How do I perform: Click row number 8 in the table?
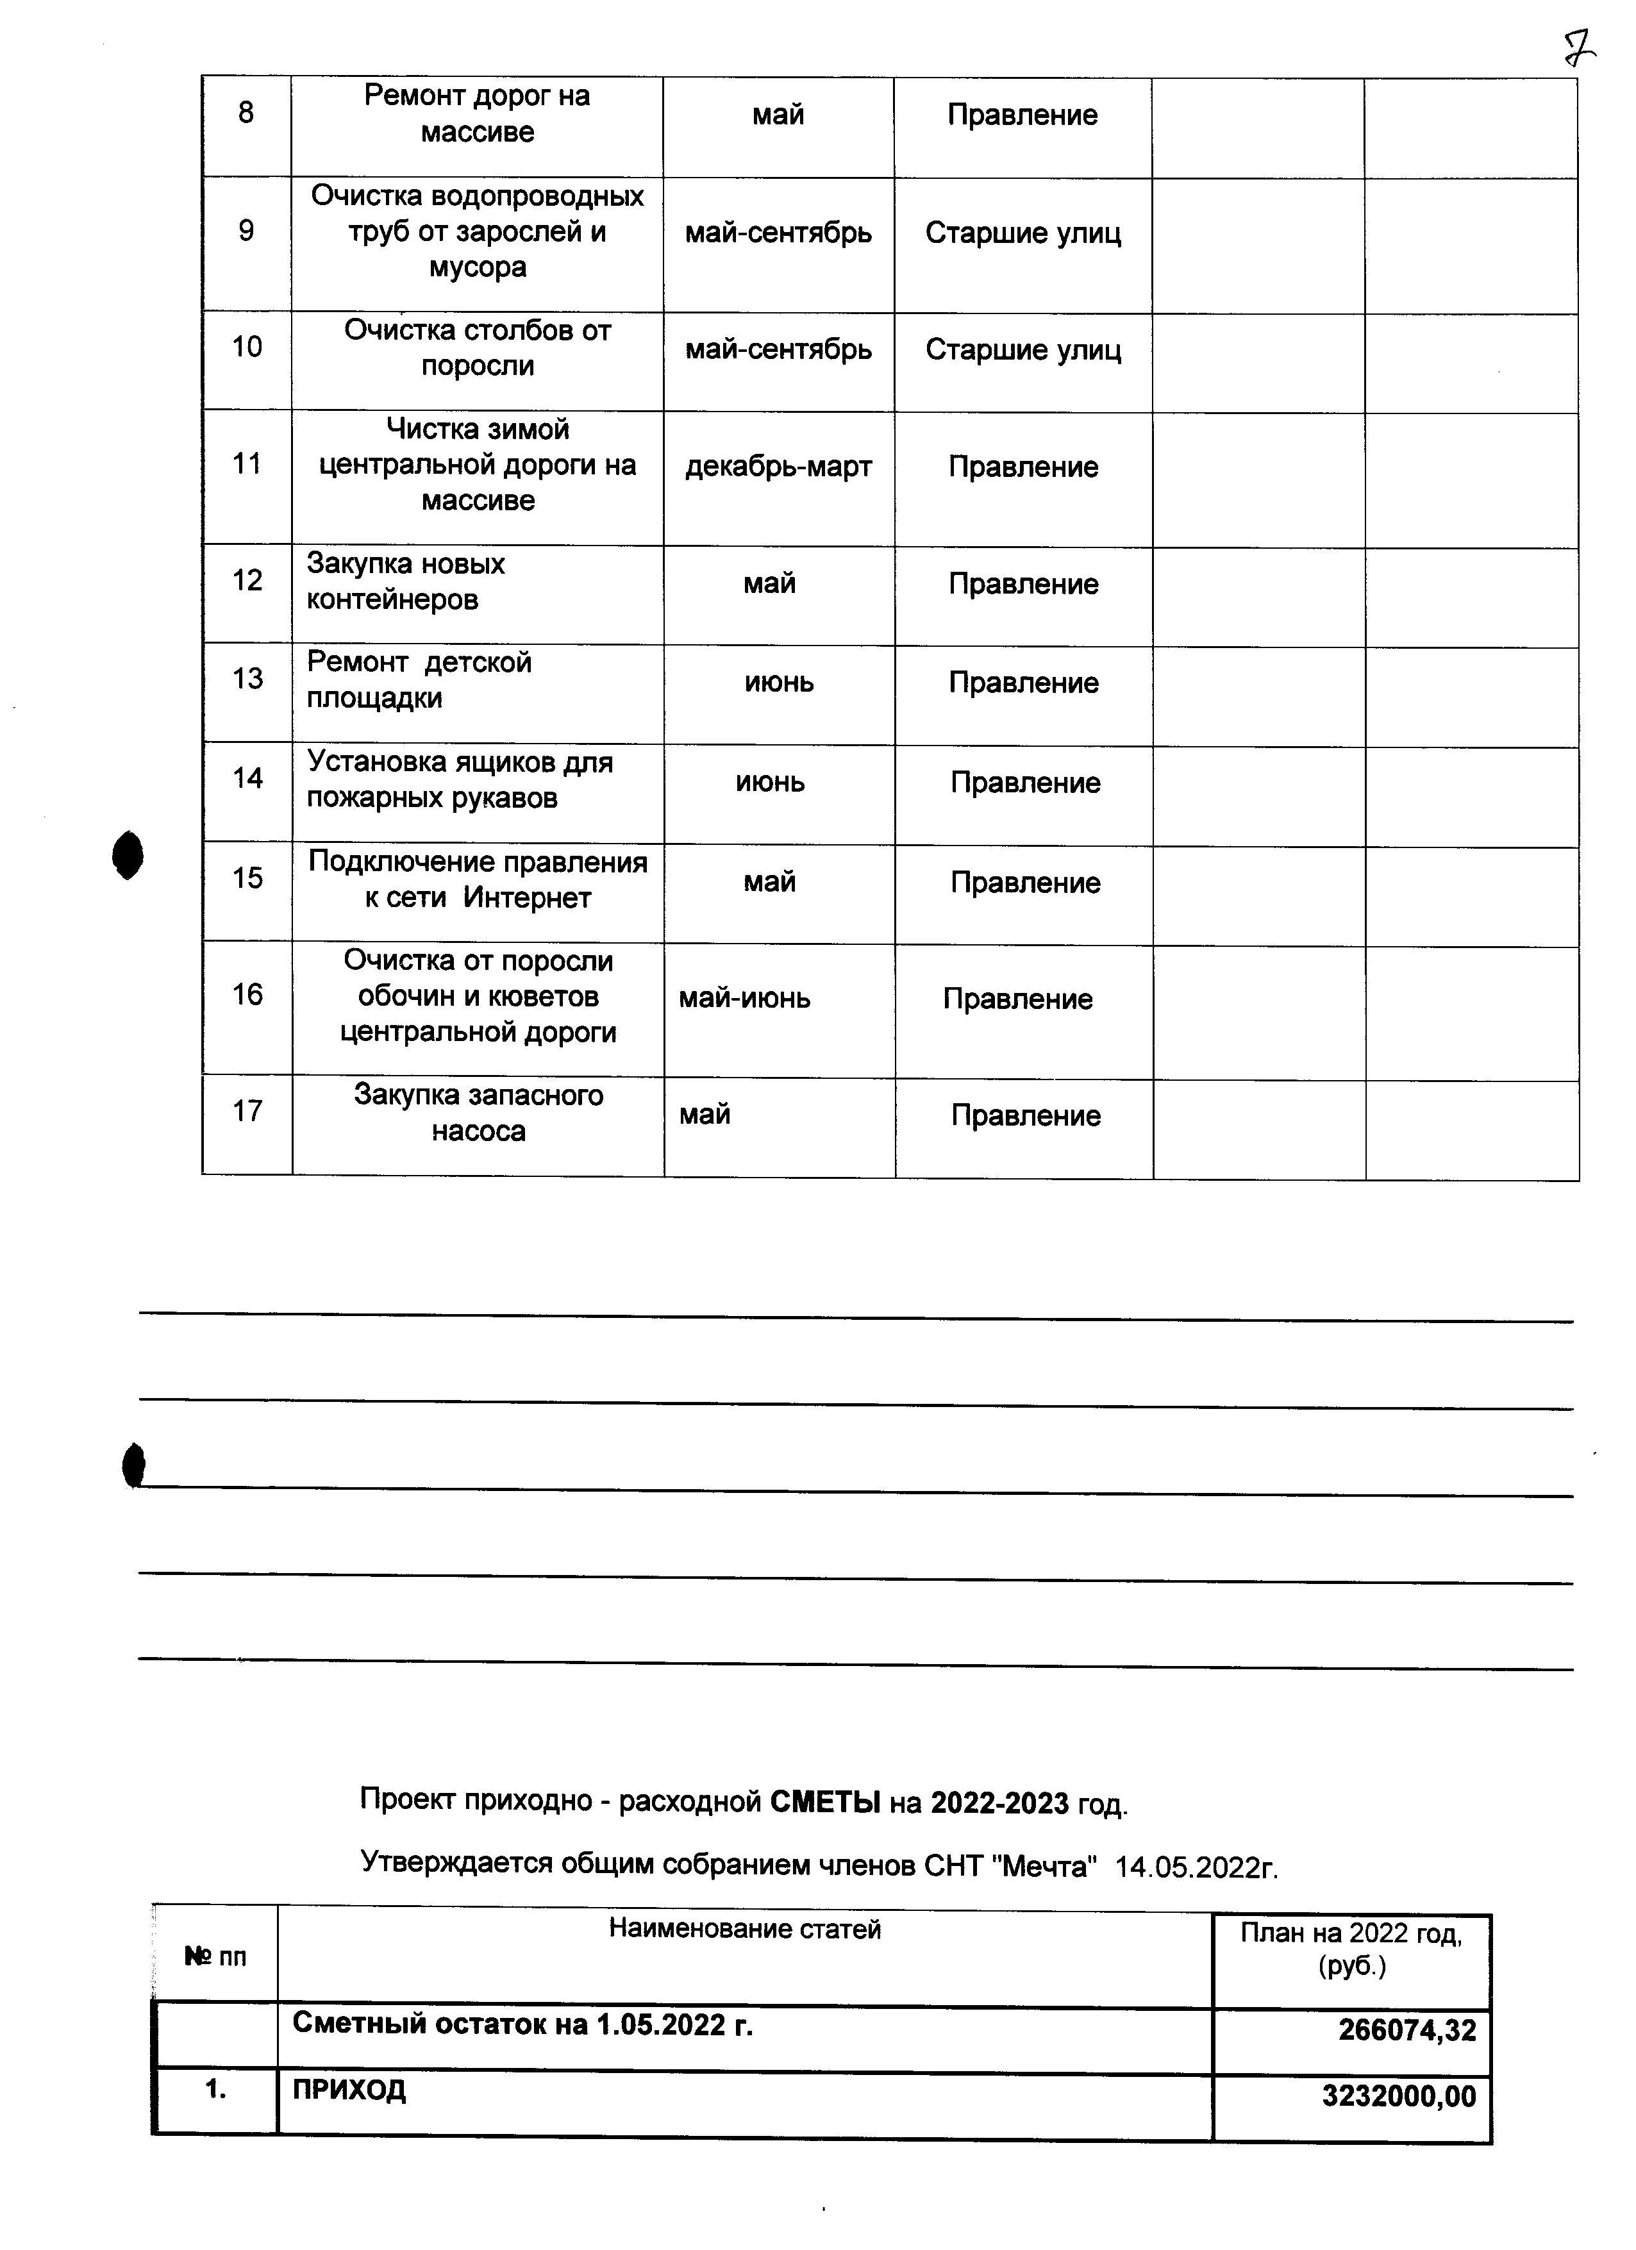tap(246, 113)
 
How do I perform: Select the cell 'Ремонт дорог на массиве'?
tap(477, 114)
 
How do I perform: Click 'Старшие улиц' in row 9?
tap(1023, 233)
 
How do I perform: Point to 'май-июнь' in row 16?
tap(744, 998)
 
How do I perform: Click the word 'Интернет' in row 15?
tap(527, 899)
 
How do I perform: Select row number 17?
tap(247, 1111)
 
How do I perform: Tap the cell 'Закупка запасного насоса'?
tap(478, 1113)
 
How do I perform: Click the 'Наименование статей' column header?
tap(744, 1929)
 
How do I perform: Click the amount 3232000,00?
tap(1398, 2096)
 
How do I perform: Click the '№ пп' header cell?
tap(215, 1957)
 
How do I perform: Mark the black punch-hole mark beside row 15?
tap(128, 855)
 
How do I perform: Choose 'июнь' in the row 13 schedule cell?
tap(779, 683)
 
